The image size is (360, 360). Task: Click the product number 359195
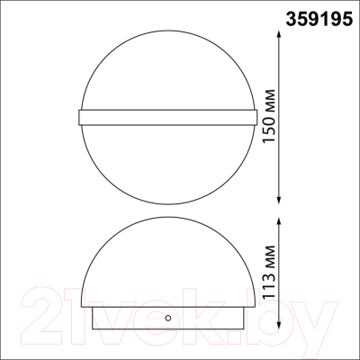pyautogui.click(x=319, y=20)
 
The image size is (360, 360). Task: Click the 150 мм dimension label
pyautogui.click(x=268, y=116)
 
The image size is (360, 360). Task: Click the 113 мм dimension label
pyautogui.click(x=268, y=272)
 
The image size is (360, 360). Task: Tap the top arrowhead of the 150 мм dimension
pyautogui.click(x=279, y=34)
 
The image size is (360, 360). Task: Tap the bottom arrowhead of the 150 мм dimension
pyautogui.click(x=279, y=200)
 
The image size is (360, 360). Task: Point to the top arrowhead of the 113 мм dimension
pyautogui.click(x=279, y=222)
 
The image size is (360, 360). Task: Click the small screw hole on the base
pyautogui.click(x=168, y=318)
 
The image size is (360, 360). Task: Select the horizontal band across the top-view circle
pyautogui.click(x=167, y=117)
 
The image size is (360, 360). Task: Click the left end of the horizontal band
pyautogui.click(x=78, y=117)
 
